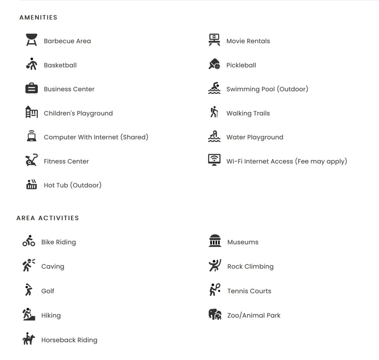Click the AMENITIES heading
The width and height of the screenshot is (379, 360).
coord(38,17)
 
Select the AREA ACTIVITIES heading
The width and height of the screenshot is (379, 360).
coord(48,218)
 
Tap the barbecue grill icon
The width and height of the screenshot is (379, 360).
coord(31,40)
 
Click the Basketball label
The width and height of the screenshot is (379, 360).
coord(60,65)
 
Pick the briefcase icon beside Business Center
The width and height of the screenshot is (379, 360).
coord(31,89)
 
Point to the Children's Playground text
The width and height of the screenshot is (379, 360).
coord(78,113)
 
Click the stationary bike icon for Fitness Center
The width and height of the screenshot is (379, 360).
coord(31,160)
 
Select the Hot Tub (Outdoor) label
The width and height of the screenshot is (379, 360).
coord(72,185)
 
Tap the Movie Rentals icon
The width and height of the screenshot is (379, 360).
coord(214,40)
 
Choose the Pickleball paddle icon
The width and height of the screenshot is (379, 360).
coord(214,64)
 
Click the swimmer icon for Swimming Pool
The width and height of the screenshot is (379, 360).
coord(214,88)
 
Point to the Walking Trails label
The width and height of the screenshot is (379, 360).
coord(248,113)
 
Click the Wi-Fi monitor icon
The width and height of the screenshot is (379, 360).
coord(214,160)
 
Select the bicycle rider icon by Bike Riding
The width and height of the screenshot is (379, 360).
coord(29,241)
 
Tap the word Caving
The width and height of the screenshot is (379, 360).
coord(53,267)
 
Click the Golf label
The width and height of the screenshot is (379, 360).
coord(48,291)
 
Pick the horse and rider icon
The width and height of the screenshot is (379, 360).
coord(29,339)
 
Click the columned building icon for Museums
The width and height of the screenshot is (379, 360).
coord(215,241)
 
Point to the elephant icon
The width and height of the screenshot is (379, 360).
coord(215,315)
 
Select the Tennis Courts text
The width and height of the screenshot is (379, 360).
coord(249,291)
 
